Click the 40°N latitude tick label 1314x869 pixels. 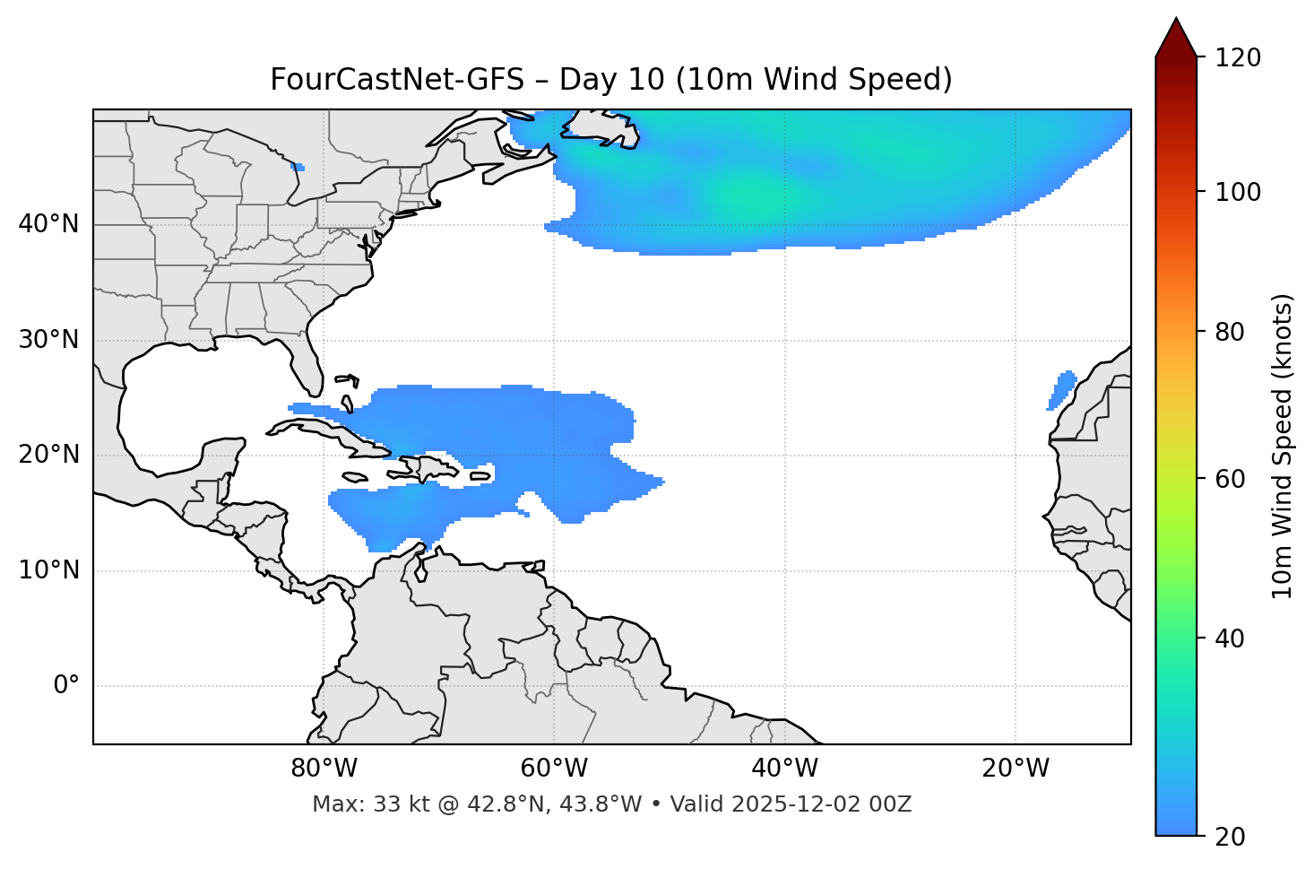coord(48,224)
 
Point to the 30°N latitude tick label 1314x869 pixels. coord(48,340)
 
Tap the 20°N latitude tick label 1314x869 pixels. coord(48,455)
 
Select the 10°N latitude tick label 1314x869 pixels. coord(48,570)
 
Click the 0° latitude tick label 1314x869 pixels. coord(65,686)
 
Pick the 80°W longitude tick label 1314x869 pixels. coord(324,769)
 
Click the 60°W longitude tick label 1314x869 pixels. coord(554,769)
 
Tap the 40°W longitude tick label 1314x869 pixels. coord(785,769)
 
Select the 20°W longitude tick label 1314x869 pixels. coord(1016,769)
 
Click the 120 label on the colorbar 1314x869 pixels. coord(1237,58)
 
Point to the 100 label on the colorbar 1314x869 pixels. coord(1237,192)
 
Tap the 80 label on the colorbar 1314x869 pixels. coord(1230,332)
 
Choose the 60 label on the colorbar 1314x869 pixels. coord(1230,479)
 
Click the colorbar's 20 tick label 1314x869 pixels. coord(1230,837)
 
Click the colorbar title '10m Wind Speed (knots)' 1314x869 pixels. coord(1283,446)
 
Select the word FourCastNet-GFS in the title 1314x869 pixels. coord(396,80)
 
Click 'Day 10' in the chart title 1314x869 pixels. coord(612,80)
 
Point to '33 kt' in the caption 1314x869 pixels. coord(393,804)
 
